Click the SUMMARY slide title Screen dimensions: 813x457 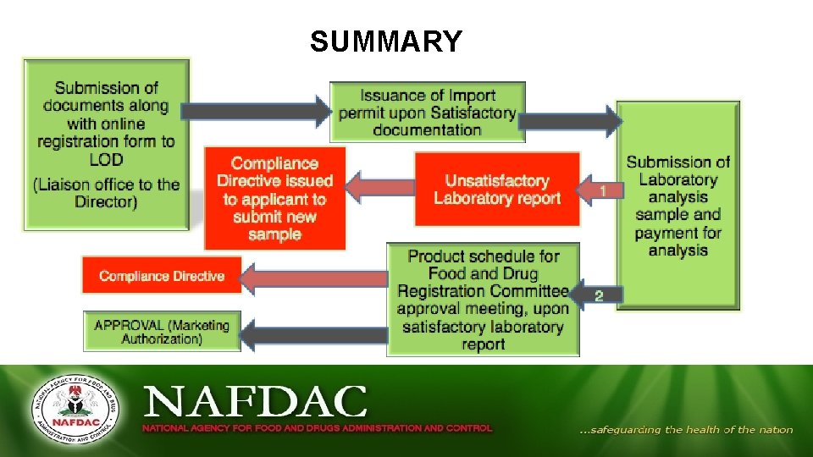[385, 41]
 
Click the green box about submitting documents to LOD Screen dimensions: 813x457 [107, 144]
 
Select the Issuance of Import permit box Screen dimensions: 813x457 [427, 112]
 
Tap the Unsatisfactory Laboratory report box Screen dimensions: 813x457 [497, 190]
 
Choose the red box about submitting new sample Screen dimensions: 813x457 [274, 198]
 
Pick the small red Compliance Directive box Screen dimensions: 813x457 [161, 276]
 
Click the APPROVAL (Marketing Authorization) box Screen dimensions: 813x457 [161, 332]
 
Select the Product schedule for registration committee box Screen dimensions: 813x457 [483, 300]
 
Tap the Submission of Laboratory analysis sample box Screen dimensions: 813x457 [677, 206]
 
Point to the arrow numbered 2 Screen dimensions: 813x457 [596, 295]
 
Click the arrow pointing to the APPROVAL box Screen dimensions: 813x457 [313, 334]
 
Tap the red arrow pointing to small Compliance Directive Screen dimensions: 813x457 [313, 278]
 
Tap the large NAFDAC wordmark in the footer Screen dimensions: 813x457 [255, 402]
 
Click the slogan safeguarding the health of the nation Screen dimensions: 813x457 [686, 430]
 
